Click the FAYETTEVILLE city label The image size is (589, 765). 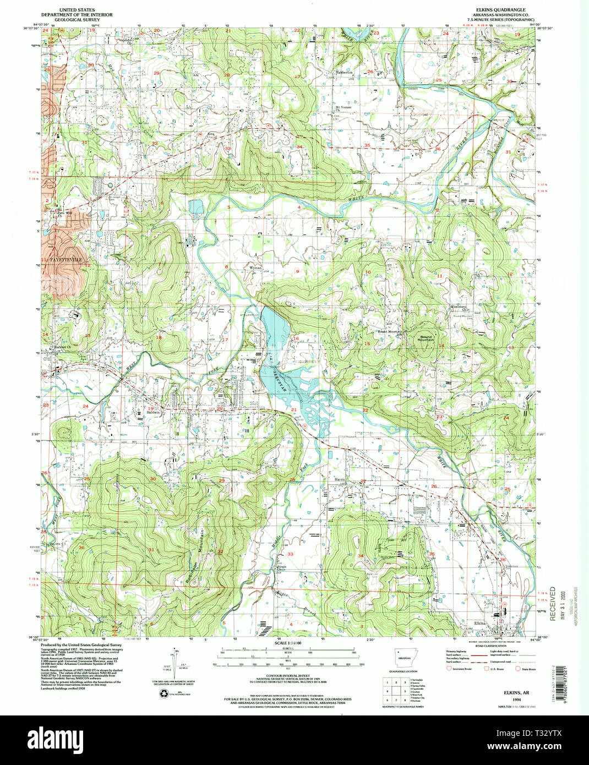[65, 258]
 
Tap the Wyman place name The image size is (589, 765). [256, 267]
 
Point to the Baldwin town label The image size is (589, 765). [153, 412]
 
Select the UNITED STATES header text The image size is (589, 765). [76, 10]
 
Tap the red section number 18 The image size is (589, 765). [159, 337]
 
